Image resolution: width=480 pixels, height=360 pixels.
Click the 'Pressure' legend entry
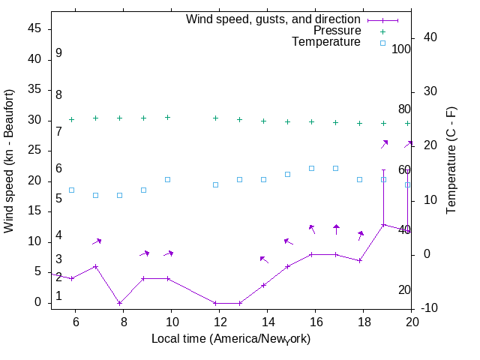(x=337, y=31)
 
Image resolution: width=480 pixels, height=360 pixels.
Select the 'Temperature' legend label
(x=326, y=43)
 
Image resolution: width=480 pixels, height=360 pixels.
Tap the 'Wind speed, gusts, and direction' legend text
(x=274, y=19)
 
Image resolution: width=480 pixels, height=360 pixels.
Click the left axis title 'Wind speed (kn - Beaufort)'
(x=9, y=161)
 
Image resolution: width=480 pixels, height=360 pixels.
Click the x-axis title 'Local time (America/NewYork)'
(x=231, y=339)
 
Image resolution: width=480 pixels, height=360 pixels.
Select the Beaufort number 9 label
(x=58, y=54)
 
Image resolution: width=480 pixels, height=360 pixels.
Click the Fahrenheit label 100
(x=401, y=49)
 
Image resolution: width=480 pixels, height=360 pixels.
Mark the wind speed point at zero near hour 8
(x=119, y=303)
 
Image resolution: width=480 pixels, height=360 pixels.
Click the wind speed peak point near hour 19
(x=383, y=224)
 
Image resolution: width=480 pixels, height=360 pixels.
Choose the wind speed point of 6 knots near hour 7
(x=95, y=266)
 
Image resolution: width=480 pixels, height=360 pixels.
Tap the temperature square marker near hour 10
(x=167, y=179)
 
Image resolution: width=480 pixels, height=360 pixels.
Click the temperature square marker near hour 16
(x=311, y=168)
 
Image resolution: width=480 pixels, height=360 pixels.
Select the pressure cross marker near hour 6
(x=71, y=119)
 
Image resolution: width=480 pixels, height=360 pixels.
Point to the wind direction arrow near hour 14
(x=264, y=259)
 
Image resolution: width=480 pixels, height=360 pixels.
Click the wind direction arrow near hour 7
(x=97, y=241)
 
